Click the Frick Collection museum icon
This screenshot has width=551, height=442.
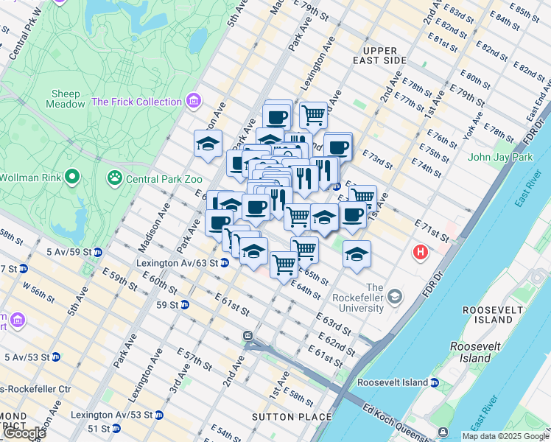point(194,101)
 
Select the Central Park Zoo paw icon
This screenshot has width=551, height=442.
point(115,178)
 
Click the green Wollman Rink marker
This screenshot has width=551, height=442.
point(71,177)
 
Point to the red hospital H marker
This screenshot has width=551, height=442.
point(421,253)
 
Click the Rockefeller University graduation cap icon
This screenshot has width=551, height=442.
point(396,296)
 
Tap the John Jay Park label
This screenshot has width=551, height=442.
point(499,157)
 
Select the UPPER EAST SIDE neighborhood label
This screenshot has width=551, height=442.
point(379,55)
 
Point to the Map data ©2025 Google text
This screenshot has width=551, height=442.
point(505,435)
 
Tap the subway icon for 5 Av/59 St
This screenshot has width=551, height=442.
point(97,252)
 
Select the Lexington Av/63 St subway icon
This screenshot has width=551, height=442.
point(224,263)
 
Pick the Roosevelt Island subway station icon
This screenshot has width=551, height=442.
point(435,382)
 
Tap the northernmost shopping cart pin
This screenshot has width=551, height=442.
point(313,114)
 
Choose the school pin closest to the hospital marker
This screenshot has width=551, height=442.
point(357,253)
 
